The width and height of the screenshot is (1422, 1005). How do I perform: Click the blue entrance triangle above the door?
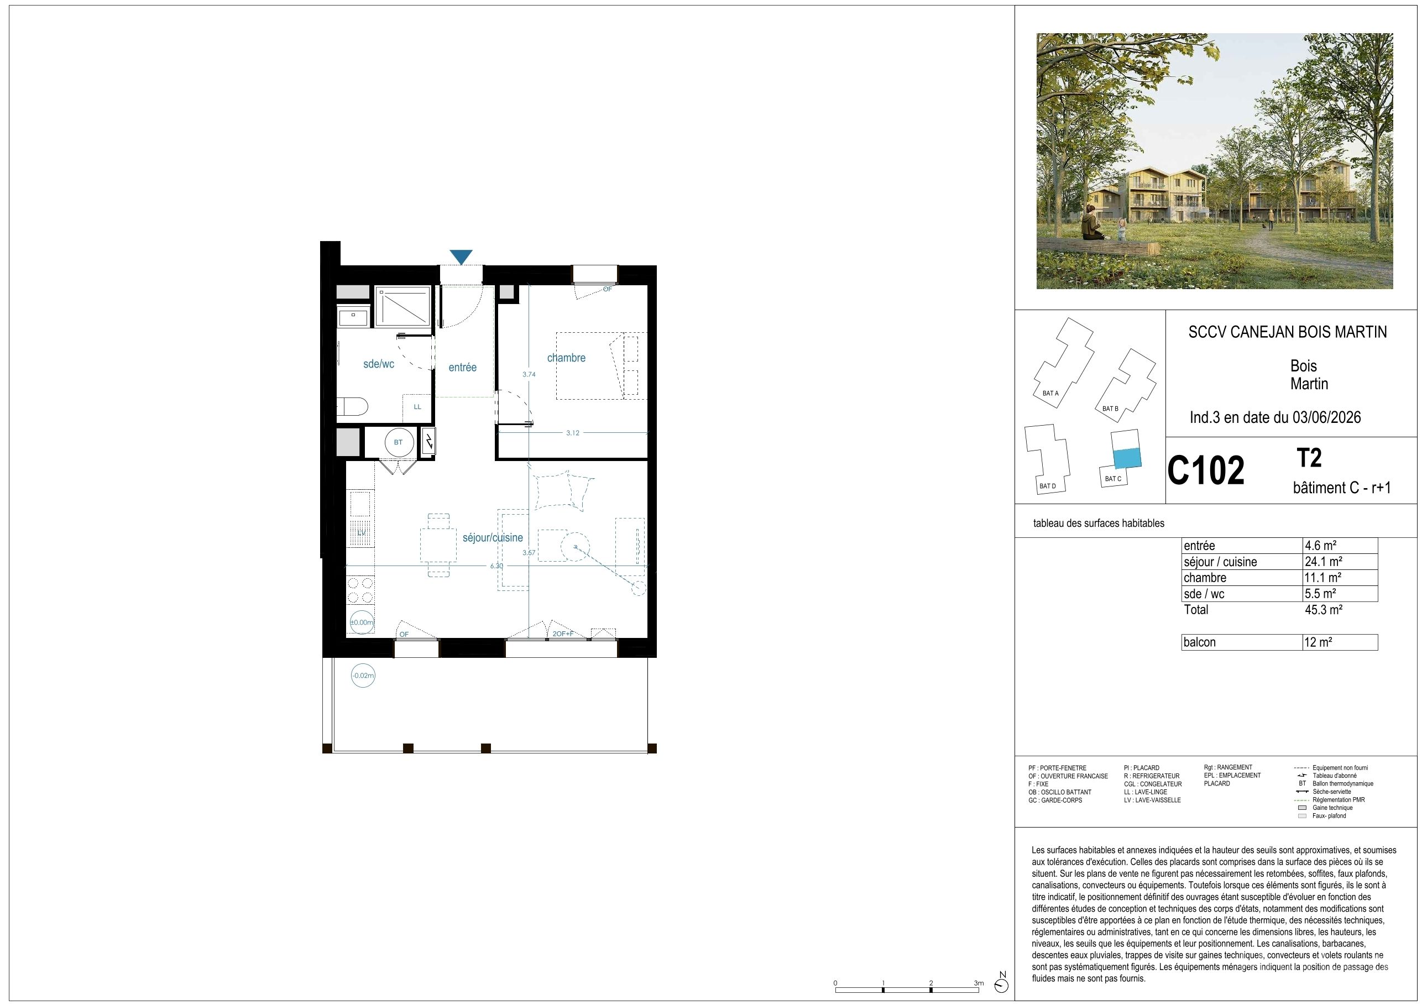[x=461, y=257]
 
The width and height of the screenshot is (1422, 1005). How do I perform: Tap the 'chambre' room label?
[x=566, y=358]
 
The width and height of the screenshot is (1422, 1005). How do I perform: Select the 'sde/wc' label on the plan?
[x=378, y=364]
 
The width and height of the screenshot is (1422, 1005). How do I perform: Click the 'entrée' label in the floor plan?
[x=463, y=367]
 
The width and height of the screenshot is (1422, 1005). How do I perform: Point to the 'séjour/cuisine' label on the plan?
[x=493, y=537]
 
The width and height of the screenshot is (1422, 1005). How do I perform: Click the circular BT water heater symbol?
[x=398, y=442]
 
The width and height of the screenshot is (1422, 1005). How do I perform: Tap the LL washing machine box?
[x=417, y=407]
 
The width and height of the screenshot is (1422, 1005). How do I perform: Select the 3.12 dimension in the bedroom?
[x=572, y=433]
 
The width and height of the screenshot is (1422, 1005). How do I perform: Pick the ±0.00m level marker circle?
[x=362, y=622]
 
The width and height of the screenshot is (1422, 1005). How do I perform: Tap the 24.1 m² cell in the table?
[x=1324, y=562]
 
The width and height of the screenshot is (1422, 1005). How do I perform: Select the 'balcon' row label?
[x=1200, y=642]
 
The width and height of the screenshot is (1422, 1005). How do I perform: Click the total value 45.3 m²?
[x=1324, y=609]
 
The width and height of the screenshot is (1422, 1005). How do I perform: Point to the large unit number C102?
[x=1206, y=470]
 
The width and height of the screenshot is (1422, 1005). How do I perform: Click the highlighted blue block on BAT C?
[x=1127, y=458]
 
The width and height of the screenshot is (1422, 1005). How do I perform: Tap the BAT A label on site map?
[x=1050, y=393]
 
